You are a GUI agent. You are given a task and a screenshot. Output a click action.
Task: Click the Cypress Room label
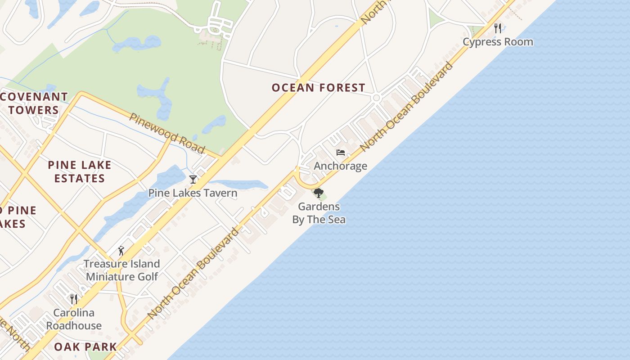(x=498, y=42)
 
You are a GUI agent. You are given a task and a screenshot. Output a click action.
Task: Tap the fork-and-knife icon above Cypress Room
(x=498, y=28)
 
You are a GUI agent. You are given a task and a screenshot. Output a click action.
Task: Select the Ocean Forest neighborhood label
(x=318, y=87)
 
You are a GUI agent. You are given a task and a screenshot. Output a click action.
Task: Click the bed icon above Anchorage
(x=341, y=153)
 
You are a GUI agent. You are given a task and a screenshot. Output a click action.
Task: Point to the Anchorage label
(x=340, y=166)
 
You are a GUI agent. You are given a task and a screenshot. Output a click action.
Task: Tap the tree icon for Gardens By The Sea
(x=319, y=193)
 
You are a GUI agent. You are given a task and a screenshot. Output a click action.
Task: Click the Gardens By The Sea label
(x=319, y=213)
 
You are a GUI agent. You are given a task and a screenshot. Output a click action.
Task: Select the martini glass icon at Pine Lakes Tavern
(x=193, y=180)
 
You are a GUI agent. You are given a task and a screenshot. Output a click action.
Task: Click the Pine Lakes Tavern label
(x=193, y=193)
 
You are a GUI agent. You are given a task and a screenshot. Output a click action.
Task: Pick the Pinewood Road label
(x=167, y=133)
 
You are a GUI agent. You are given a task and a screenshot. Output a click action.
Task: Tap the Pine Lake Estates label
(x=80, y=171)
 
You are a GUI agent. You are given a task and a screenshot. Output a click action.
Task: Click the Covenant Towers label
(x=34, y=103)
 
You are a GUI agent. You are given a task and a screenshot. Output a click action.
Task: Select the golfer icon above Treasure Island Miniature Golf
(x=121, y=250)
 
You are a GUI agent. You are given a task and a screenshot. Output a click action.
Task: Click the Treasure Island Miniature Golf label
(x=122, y=270)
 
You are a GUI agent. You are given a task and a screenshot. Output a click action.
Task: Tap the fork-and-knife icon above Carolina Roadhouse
(x=74, y=299)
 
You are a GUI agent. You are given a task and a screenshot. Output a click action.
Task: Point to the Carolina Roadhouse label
(x=74, y=319)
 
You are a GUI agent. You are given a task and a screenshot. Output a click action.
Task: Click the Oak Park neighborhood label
(x=85, y=346)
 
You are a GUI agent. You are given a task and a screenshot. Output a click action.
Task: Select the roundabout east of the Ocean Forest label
(x=377, y=98)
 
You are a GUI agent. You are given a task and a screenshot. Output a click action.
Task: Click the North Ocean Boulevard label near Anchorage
(x=406, y=106)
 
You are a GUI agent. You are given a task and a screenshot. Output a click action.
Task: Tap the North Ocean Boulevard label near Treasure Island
(x=193, y=274)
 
